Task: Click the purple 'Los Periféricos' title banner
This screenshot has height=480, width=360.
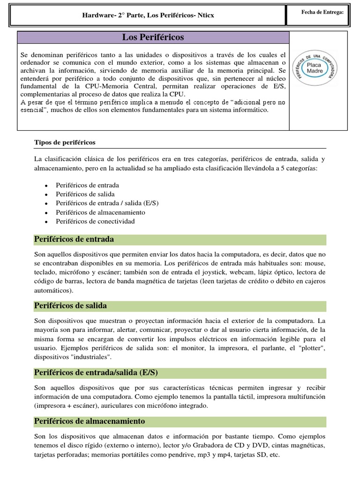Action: [153, 37]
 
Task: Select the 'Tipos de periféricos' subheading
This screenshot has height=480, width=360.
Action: [65, 142]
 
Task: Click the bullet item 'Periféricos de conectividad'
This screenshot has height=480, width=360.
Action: [95, 221]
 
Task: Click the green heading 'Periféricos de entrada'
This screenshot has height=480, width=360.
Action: [74, 240]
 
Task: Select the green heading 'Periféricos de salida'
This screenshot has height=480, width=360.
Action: [71, 306]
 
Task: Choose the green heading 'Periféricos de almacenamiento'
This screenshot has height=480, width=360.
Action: [90, 421]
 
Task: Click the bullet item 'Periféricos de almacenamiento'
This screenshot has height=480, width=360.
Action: [94, 212]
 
